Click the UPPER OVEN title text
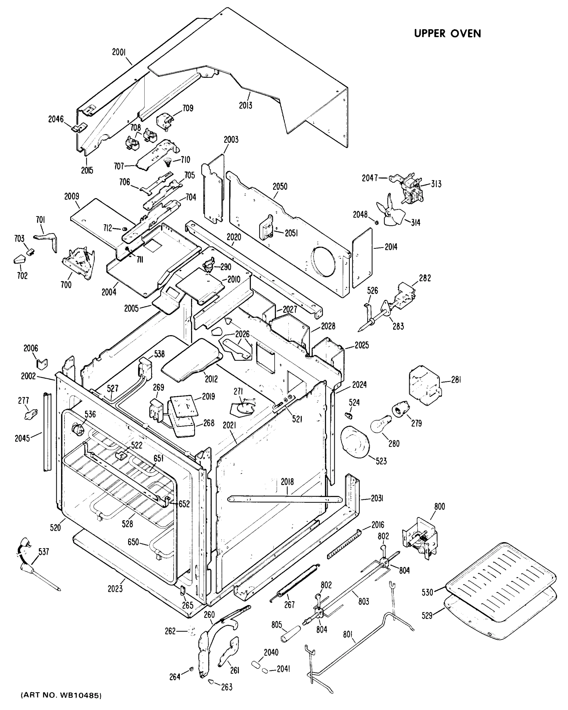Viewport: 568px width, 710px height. click(447, 34)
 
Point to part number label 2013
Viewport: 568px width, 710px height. click(246, 105)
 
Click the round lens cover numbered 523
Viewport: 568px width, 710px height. click(355, 441)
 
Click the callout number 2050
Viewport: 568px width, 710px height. click(280, 186)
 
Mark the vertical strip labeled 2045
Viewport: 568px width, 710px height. click(47, 431)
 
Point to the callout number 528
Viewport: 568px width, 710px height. click(128, 524)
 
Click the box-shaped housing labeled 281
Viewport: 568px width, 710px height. click(425, 385)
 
